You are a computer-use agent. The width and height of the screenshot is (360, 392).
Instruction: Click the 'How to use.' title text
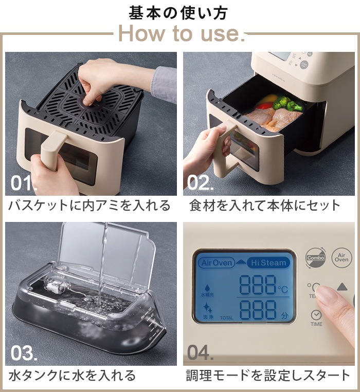point(179,34)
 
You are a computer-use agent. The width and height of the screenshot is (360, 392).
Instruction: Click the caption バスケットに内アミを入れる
point(89,206)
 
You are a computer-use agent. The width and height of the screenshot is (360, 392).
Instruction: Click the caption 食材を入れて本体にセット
point(265,206)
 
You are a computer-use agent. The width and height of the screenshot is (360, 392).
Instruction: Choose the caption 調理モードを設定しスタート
point(268,376)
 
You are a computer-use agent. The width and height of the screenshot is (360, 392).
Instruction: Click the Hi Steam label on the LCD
point(267,263)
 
